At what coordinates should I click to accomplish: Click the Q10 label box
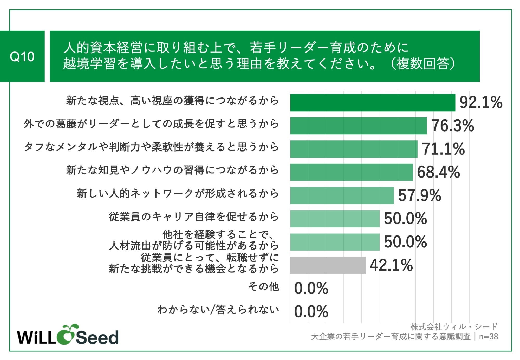pos(22,56)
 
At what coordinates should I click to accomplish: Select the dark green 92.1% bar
pos(373,103)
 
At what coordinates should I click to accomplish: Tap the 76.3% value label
pos(453,126)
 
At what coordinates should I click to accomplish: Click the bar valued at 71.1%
pos(354,149)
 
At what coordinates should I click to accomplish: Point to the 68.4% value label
pos(438,172)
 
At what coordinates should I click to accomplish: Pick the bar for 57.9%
pos(342,195)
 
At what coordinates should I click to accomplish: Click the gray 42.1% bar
pos(328,265)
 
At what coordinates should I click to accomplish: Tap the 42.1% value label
pos(391,265)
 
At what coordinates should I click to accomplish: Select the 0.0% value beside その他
pos(311,289)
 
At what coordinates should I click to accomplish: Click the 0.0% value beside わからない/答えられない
pos(311,312)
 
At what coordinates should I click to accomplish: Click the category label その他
pos(263,286)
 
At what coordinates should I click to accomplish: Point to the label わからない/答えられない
pos(218,310)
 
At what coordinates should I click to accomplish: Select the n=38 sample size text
pos(488,337)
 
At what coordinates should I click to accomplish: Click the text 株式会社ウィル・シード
pos(454,326)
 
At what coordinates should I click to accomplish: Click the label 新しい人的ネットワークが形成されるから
pos(178,193)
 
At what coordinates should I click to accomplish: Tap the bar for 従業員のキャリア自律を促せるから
pos(335,219)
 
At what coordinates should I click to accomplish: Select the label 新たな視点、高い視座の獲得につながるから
pos(172,101)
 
